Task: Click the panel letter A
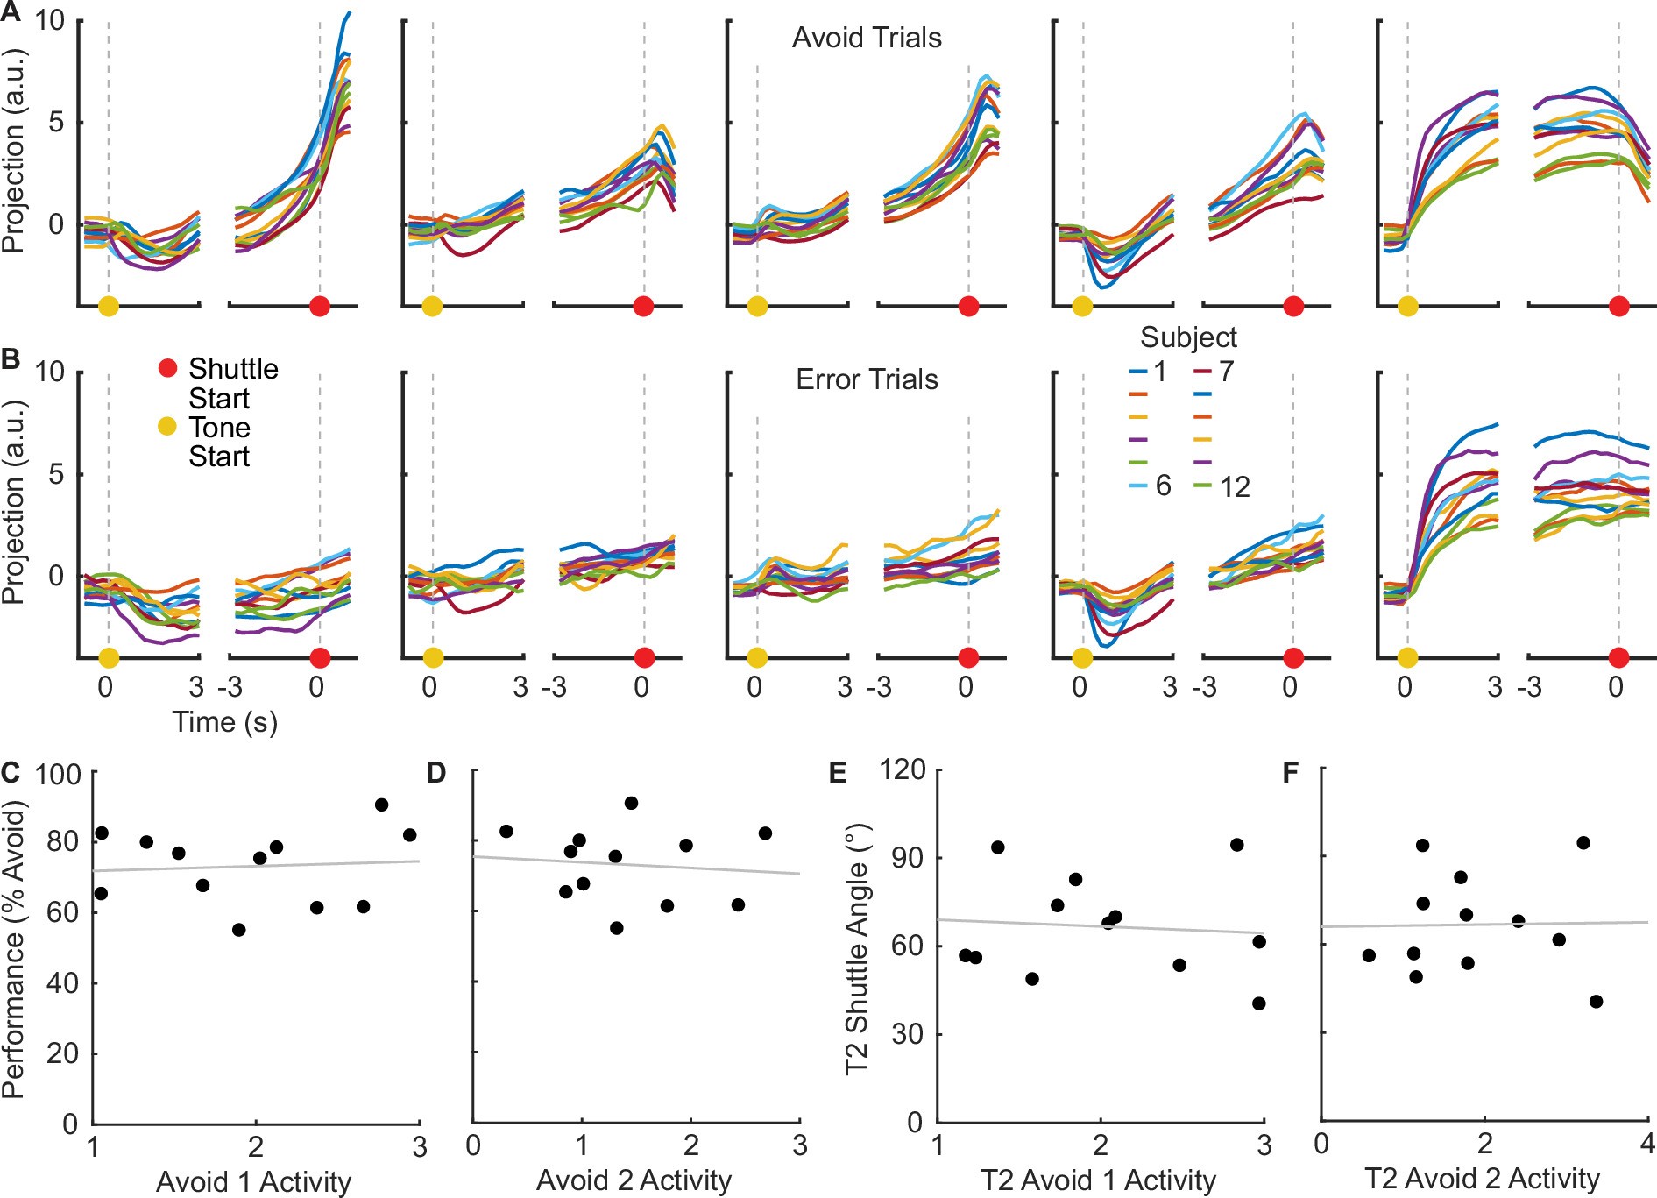[11, 11]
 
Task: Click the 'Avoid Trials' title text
[866, 38]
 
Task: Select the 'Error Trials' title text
[866, 379]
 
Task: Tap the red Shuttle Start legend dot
[167, 368]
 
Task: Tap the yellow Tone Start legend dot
[166, 427]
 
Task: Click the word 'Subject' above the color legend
[1187, 337]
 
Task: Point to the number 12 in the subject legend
[1234, 487]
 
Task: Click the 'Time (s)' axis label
[224, 722]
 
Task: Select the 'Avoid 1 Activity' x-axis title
[253, 1181]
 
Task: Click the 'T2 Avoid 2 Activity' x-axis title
[1482, 1180]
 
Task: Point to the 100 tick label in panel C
[57, 774]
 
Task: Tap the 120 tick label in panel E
[902, 769]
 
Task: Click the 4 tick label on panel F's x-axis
[1646, 1144]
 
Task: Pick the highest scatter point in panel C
[381, 805]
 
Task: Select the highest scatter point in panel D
[631, 803]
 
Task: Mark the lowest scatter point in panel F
[1596, 1001]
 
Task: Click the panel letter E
[837, 772]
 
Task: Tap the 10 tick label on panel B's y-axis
[50, 372]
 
